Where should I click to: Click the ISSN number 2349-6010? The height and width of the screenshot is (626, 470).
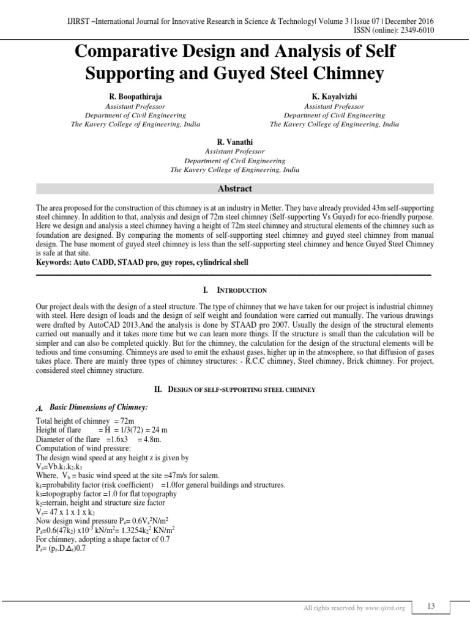[x=418, y=31]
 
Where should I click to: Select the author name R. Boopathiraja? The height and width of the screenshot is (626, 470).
[x=136, y=97]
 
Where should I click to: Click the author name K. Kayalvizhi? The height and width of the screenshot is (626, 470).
[x=334, y=97]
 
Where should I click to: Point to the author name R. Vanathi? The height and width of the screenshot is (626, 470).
[x=236, y=141]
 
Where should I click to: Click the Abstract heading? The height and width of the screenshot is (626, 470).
[x=235, y=189]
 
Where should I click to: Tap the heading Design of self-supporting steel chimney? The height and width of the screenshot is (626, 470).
[x=235, y=389]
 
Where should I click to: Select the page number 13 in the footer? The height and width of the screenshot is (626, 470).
[x=431, y=606]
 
